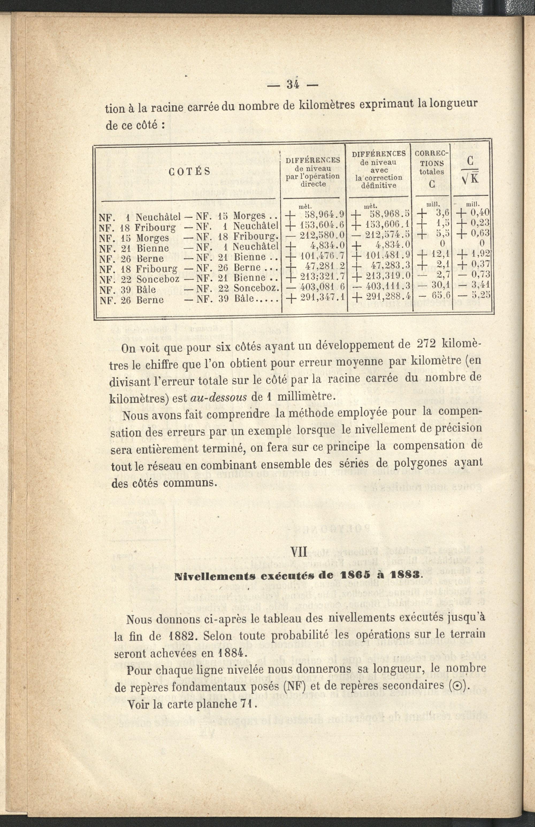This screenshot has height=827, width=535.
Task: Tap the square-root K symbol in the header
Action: [470, 178]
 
